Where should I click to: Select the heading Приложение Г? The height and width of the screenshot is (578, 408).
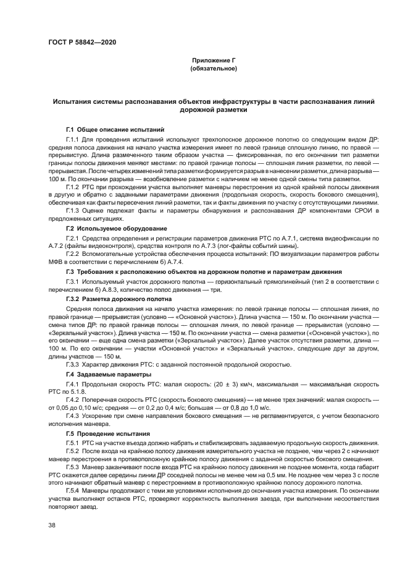point(214,61)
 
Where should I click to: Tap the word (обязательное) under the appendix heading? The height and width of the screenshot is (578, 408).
point(214,69)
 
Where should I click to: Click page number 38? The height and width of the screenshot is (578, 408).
point(52,525)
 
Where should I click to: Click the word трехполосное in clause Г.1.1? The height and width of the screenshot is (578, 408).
point(216,140)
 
